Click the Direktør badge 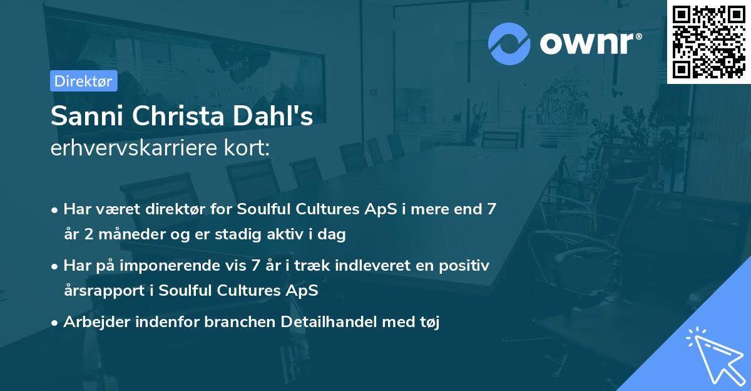[x=83, y=81]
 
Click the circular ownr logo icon [x=509, y=44]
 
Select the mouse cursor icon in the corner [x=715, y=357]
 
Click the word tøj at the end [x=429, y=322]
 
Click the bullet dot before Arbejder [x=55, y=323]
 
